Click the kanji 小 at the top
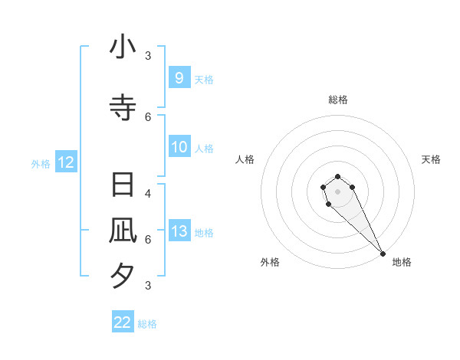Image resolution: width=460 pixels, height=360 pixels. pyautogui.click(x=123, y=47)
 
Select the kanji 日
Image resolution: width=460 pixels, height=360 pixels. pyautogui.click(x=123, y=185)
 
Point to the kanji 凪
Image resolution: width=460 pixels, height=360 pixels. pyautogui.click(x=123, y=231)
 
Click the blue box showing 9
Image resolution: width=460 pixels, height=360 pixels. pyautogui.click(x=179, y=78)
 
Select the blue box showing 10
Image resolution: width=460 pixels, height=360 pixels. pyautogui.click(x=179, y=147)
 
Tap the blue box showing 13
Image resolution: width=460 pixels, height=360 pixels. pyautogui.click(x=179, y=231)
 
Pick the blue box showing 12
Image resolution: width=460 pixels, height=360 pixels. pyautogui.click(x=65, y=162)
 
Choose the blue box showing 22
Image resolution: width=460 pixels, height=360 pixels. pyautogui.click(x=123, y=322)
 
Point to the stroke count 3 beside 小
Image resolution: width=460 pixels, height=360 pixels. pyautogui.click(x=148, y=55)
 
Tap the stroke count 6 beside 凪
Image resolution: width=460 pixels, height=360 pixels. pyautogui.click(x=148, y=239)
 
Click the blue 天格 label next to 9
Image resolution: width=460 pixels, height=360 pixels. pyautogui.click(x=203, y=79)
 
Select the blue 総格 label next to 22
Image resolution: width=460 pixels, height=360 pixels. pyautogui.click(x=147, y=324)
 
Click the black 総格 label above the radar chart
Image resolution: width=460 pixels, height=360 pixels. pyautogui.click(x=337, y=100)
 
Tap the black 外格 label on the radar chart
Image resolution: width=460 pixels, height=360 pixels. pyautogui.click(x=270, y=262)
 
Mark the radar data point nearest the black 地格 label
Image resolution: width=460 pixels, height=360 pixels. pyautogui.click(x=383, y=254)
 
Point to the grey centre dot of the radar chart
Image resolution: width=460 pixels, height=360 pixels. pyautogui.click(x=337, y=191)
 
